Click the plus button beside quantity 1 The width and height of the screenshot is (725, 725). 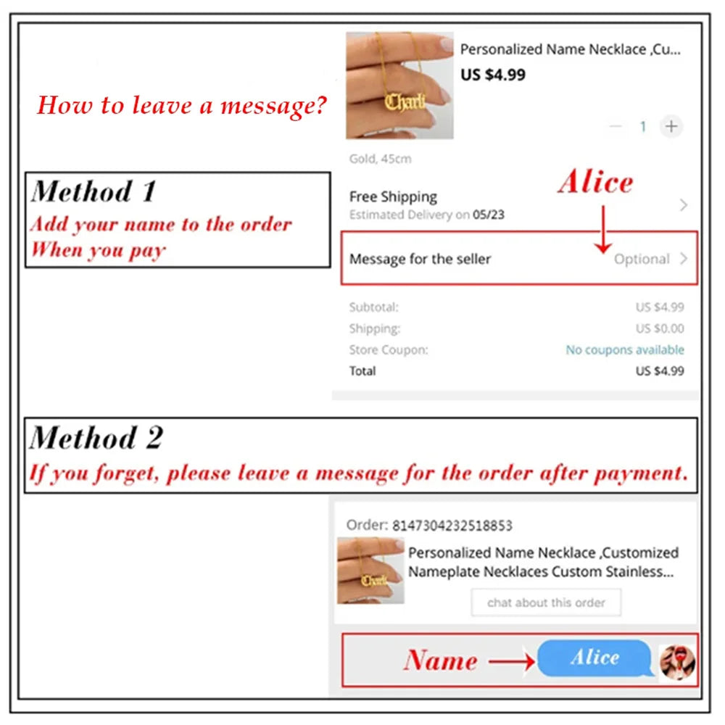pos(671,126)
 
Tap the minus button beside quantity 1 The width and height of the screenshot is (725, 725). pos(616,126)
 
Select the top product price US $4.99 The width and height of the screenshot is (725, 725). pos(493,75)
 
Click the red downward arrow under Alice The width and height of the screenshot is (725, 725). pos(603,229)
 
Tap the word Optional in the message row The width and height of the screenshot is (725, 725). pos(642,259)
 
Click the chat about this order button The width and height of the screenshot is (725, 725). pos(546,602)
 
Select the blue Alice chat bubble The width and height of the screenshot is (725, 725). pos(595,658)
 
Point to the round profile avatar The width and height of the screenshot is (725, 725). pos(677,662)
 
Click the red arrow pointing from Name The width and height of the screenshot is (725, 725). pos(512,662)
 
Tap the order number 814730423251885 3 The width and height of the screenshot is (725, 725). pos(452,526)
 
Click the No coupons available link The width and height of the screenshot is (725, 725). pos(625,349)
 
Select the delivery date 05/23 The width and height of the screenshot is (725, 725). pos(488,215)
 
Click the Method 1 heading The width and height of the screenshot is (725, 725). pos(94,191)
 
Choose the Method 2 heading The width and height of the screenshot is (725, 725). pos(96,437)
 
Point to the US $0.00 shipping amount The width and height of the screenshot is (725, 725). pos(660,328)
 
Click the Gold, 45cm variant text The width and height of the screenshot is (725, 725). pos(380,159)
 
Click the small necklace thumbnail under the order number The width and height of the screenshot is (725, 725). pos(370,571)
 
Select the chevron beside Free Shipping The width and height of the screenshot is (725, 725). pos(684,205)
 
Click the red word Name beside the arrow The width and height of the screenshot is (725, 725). pos(441,660)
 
